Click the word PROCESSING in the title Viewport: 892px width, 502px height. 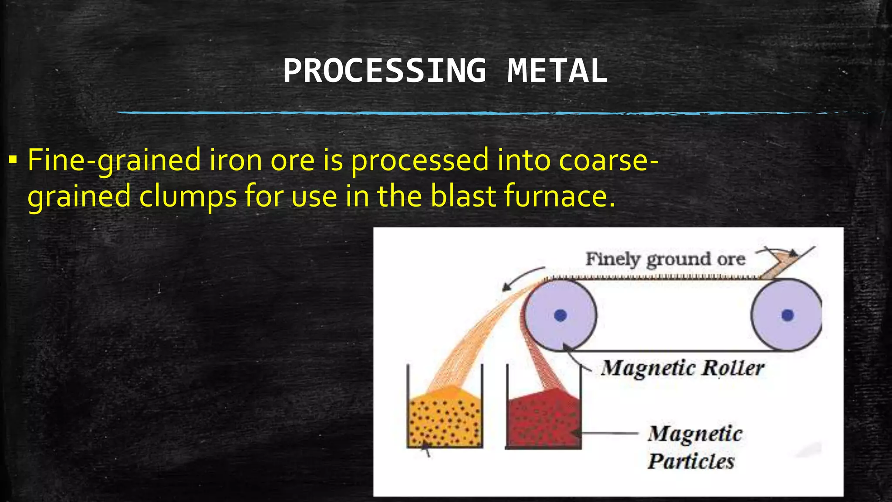[x=385, y=71]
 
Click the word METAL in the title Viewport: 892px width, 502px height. [x=557, y=71]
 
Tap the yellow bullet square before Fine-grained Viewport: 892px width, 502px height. [x=13, y=160]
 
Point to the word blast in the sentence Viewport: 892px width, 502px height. [x=463, y=196]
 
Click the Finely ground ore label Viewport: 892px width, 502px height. [x=665, y=259]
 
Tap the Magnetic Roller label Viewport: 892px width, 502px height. [x=682, y=368]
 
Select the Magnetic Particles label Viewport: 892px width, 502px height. [x=694, y=447]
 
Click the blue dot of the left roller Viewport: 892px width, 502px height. [x=560, y=315]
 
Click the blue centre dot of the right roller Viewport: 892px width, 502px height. [x=787, y=315]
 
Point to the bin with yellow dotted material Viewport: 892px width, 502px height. [x=445, y=418]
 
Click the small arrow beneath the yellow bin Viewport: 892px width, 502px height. [x=427, y=449]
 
